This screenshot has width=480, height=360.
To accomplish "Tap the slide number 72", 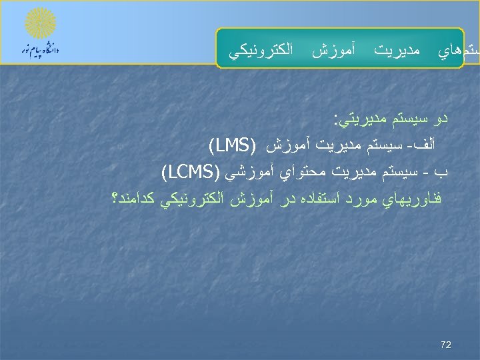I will [x=446, y=345].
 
